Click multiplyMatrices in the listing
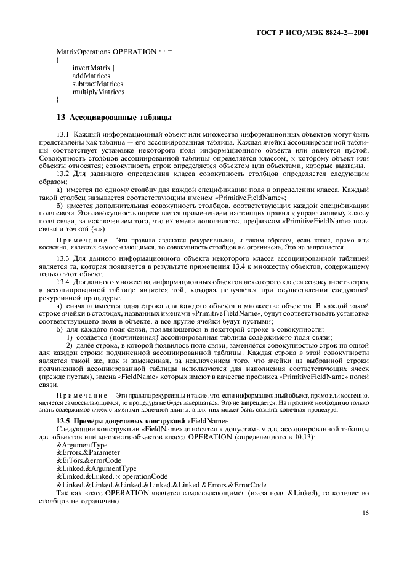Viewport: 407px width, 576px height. pos(98,92)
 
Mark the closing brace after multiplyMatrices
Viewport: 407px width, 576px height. pos(57,99)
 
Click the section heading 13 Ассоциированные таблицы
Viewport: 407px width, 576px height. pos(113,117)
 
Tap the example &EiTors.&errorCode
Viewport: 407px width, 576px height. pos(89,460)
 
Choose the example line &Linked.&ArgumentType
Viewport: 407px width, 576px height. pos(96,468)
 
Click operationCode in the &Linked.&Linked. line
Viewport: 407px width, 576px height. pos(145,476)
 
